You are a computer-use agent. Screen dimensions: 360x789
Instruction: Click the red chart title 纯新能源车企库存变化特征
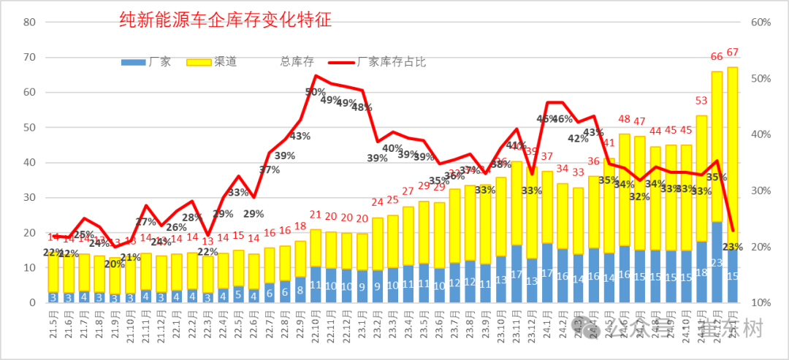(x=226, y=20)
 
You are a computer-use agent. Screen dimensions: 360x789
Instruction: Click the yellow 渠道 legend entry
(x=213, y=62)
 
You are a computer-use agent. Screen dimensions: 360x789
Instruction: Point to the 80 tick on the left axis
(x=30, y=22)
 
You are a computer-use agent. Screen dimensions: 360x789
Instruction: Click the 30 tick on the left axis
(x=30, y=198)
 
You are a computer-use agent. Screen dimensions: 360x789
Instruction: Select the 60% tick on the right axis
(x=761, y=22)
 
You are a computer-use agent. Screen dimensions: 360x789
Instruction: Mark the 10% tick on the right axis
(x=761, y=303)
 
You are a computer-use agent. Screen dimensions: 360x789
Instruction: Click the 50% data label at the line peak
(x=316, y=92)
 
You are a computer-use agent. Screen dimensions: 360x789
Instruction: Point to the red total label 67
(x=733, y=52)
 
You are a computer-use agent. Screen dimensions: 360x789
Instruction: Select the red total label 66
(x=717, y=56)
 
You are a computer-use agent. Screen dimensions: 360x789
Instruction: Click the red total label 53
(x=701, y=101)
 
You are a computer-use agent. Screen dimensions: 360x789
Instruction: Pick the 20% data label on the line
(x=114, y=264)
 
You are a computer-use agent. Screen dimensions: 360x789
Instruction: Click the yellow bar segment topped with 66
(x=717, y=146)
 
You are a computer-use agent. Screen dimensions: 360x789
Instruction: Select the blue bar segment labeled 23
(x=717, y=263)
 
